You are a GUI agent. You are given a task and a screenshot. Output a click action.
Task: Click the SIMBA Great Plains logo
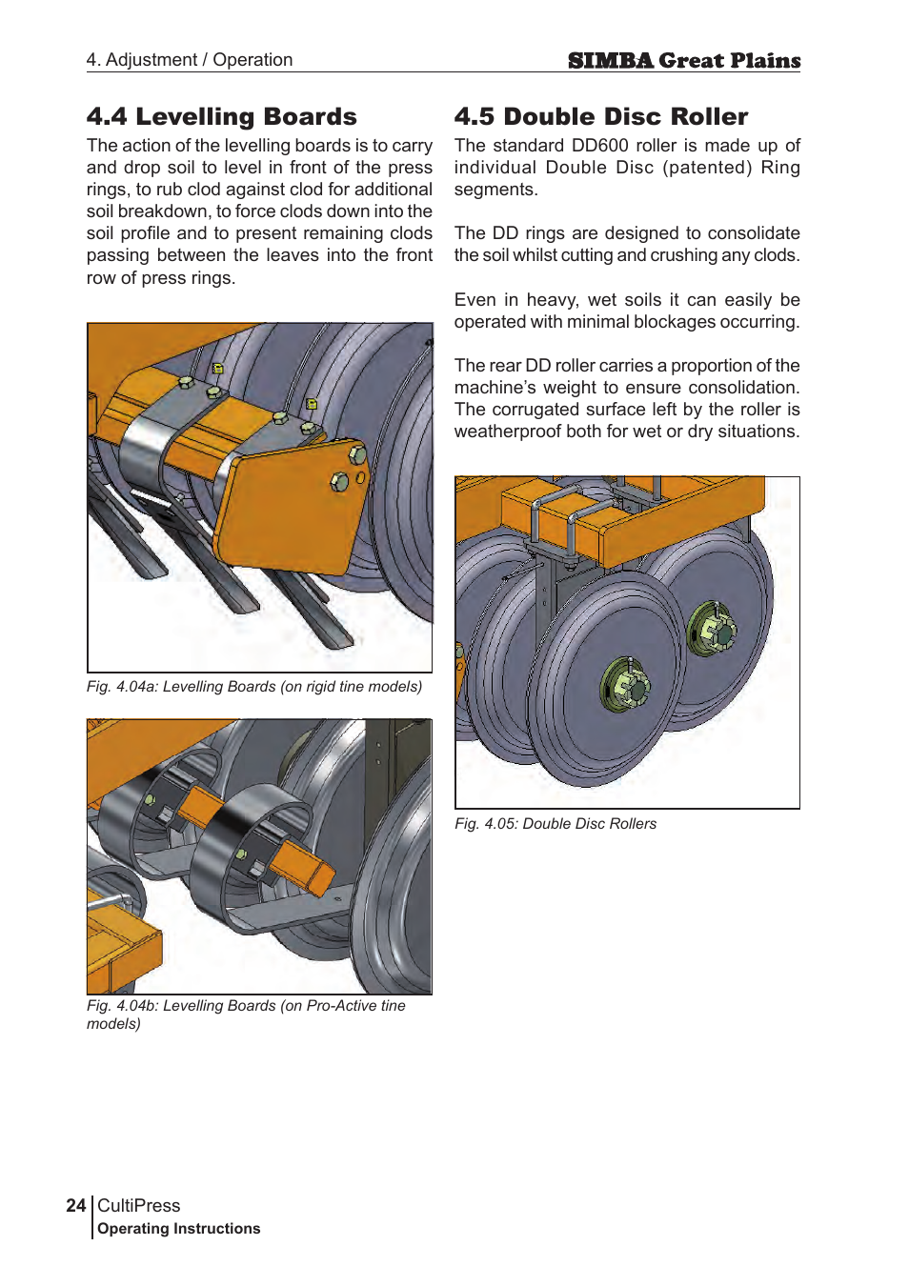point(683,61)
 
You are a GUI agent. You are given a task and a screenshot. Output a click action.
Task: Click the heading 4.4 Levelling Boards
point(221,116)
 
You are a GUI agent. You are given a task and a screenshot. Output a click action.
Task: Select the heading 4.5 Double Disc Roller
point(600,116)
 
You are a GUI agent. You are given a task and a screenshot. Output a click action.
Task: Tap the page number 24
point(76,1205)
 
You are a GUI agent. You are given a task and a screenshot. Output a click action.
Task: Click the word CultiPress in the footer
point(138,1205)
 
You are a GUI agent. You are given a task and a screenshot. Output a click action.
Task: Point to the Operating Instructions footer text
point(178,1229)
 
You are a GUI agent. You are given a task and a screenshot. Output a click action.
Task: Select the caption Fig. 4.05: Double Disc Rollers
point(555,824)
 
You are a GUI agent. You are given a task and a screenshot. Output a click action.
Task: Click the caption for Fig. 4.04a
point(253,687)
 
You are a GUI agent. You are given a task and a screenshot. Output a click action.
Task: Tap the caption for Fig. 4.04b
point(246,1015)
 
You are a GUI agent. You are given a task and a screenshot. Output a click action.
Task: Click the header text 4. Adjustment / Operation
point(189,60)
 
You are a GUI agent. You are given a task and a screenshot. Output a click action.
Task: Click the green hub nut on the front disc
point(625,684)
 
